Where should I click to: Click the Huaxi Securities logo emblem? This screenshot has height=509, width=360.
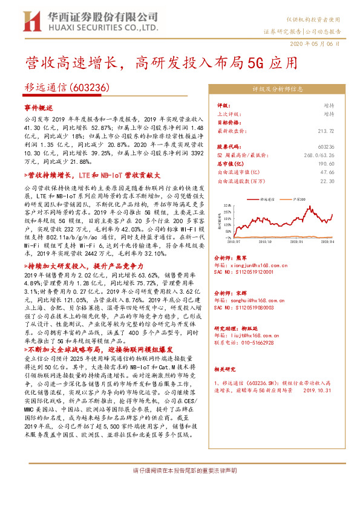point(28,22)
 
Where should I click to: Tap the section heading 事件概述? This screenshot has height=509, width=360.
point(39,107)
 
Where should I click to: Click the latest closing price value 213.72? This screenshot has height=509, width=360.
point(327,130)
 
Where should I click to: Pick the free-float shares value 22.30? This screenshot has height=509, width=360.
point(327,180)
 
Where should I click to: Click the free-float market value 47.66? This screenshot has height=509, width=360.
point(327,172)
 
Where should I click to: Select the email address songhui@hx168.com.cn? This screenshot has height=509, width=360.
point(258,300)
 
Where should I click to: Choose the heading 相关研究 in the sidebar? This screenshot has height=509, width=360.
point(227,368)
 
